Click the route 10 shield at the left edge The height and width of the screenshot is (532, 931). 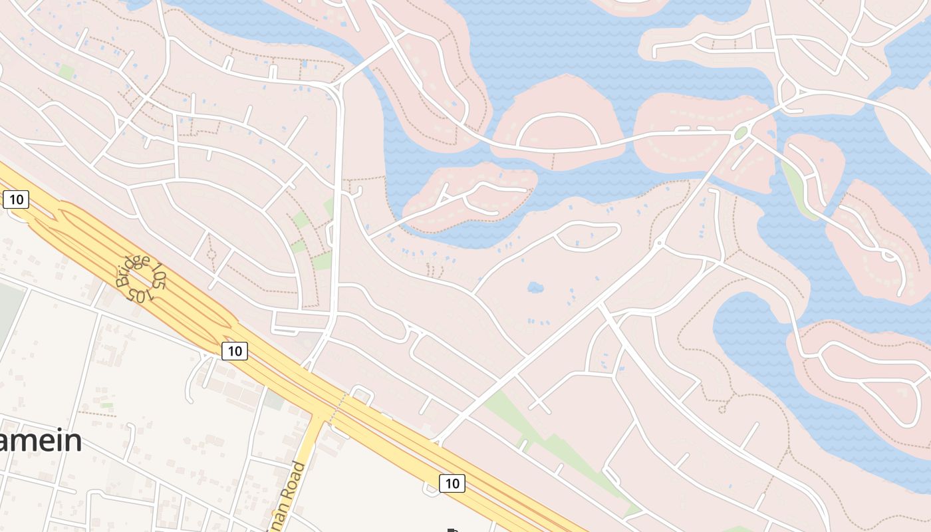pos(16,199)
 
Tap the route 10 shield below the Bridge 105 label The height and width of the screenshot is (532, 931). pos(234,350)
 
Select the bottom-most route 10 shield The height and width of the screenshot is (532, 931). pos(452,483)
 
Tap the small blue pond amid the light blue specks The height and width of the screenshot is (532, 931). pos(535,287)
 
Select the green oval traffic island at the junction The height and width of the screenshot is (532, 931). pos(740,133)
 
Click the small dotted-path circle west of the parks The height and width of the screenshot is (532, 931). pos(211,254)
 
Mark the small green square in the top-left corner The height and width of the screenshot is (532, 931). pos(66,72)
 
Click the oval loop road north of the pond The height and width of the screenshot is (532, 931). pos(587,237)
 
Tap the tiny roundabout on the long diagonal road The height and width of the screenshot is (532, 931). pos(659,244)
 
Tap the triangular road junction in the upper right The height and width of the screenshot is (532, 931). pos(789,93)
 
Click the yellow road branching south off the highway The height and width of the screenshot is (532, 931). pos(307,465)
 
